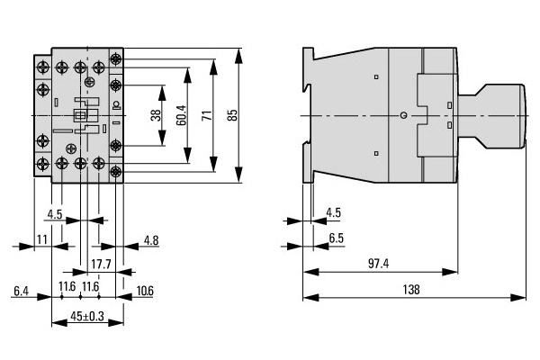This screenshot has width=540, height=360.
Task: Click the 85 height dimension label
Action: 233,115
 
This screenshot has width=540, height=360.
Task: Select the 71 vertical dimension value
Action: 207,115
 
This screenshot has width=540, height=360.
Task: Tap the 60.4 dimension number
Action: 181,115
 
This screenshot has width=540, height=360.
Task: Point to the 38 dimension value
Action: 156,115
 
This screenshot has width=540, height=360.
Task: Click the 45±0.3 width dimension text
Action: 87,316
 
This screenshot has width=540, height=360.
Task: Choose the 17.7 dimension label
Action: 101,265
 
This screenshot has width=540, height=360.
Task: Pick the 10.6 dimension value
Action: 145,291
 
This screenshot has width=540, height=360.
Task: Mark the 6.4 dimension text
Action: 21,292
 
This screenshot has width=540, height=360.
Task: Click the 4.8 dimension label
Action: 151,240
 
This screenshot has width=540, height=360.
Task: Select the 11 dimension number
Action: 41,239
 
